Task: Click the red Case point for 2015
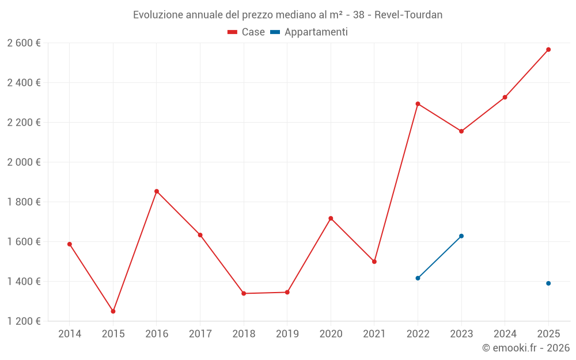[113, 311]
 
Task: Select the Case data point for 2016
[157, 191]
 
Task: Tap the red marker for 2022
[418, 104]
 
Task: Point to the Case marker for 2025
[548, 50]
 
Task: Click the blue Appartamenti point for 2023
[461, 236]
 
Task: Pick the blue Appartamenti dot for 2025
[548, 283]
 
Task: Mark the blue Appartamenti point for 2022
[418, 278]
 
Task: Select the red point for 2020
[331, 218]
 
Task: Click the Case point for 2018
[244, 293]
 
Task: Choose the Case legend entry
[247, 32]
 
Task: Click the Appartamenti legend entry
[309, 32]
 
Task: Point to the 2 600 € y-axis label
[24, 43]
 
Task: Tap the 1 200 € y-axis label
[24, 321]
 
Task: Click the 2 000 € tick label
[24, 162]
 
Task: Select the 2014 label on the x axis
[70, 334]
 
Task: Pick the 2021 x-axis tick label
[374, 334]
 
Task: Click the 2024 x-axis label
[505, 334]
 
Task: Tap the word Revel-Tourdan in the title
[408, 15]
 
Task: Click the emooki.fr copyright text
[525, 348]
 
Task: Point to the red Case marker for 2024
[505, 97]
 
